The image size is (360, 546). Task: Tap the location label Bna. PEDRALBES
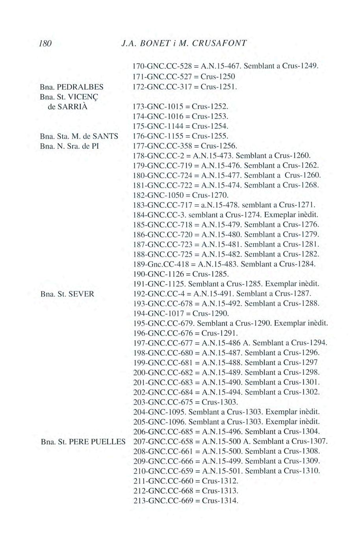[x=72, y=86]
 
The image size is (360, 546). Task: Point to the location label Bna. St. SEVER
[x=68, y=293]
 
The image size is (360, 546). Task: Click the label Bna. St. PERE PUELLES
[x=83, y=441]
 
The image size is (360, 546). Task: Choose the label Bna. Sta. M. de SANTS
[x=80, y=136]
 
